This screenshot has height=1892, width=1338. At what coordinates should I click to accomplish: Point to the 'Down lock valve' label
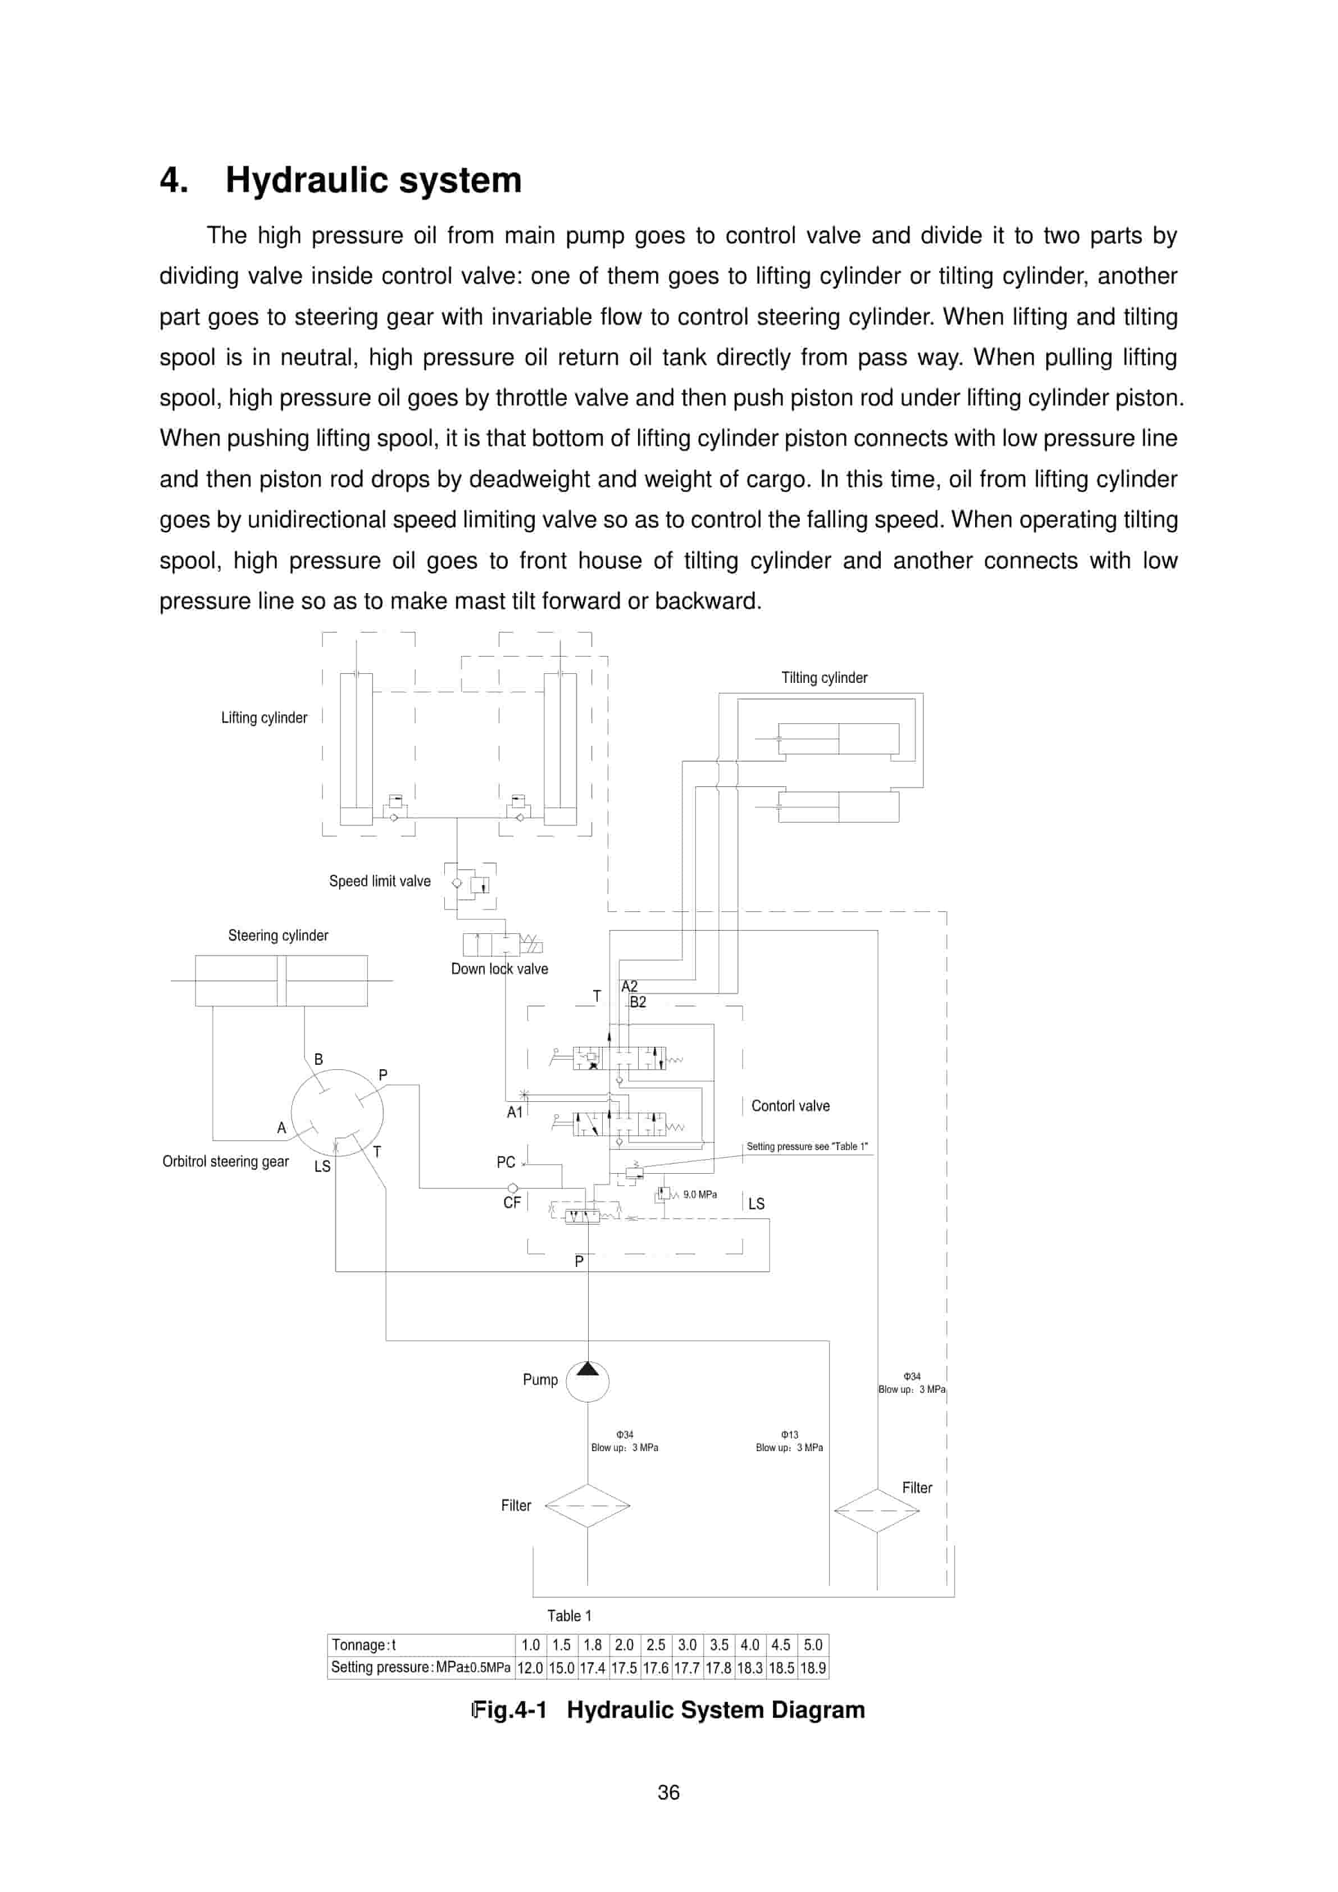click(x=499, y=969)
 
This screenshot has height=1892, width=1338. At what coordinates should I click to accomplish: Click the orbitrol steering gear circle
click(x=336, y=1113)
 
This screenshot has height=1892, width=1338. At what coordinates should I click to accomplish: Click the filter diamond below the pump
click(x=587, y=1506)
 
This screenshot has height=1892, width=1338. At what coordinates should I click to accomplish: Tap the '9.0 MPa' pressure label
click(x=699, y=1194)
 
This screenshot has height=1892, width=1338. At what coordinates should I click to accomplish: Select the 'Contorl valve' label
click(x=790, y=1106)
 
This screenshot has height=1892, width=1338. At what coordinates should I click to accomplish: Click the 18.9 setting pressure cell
click(x=812, y=1668)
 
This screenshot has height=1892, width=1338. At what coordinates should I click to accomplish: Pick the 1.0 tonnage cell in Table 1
click(x=530, y=1645)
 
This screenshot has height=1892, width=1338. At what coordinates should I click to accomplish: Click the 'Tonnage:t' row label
click(x=363, y=1645)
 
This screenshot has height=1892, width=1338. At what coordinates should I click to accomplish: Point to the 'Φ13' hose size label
click(x=789, y=1435)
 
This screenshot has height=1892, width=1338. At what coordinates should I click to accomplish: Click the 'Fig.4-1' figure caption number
click(x=509, y=1710)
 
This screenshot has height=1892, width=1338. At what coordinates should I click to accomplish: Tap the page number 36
click(x=668, y=1792)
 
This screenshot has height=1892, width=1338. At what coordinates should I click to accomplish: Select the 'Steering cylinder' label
click(x=278, y=935)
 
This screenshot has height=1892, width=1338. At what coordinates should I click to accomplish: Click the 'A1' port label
click(x=515, y=1113)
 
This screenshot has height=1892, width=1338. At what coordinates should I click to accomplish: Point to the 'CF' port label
click(x=512, y=1202)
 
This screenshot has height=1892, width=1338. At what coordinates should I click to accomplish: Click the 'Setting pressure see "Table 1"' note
click(x=806, y=1146)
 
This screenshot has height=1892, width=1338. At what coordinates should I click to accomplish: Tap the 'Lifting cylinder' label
click(x=264, y=718)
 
